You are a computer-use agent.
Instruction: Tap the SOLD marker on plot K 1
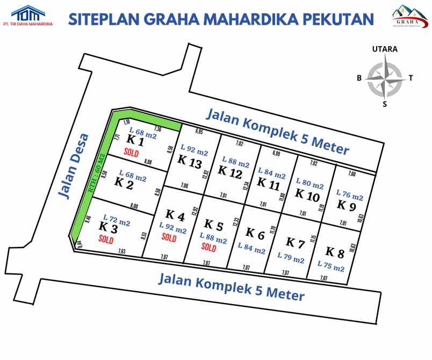[131, 152]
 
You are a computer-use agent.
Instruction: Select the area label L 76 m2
[350, 195]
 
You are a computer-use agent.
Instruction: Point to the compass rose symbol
[385, 78]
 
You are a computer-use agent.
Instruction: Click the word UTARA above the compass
[385, 49]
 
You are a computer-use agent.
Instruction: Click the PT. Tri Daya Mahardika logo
[27, 16]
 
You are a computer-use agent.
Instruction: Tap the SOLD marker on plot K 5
[208, 248]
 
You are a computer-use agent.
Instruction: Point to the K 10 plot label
[307, 195]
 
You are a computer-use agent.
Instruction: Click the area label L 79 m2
[291, 258]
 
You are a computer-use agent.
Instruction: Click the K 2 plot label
[124, 184]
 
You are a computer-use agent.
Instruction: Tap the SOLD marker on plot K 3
[106, 240]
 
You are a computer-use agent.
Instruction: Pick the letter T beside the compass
[411, 78]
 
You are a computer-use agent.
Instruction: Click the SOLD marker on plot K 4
[169, 238]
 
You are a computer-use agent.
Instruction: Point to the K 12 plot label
[229, 171]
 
